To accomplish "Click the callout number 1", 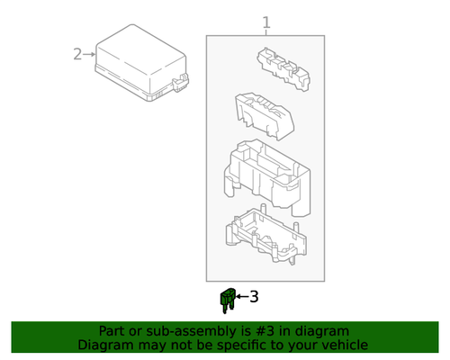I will (265, 22).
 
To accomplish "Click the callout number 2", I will (77, 54).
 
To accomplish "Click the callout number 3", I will (253, 295).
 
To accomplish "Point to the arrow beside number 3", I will (241, 295).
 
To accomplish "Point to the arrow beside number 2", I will (89, 54).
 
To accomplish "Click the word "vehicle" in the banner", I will (341, 345).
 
